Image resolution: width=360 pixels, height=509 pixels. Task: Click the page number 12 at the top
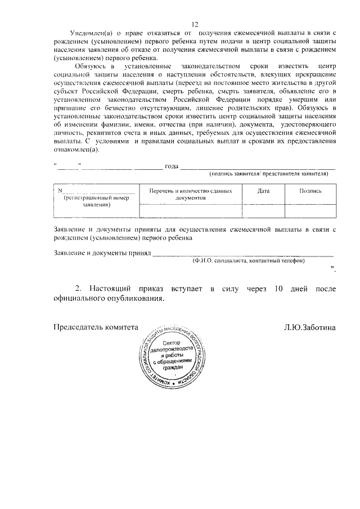(x=195, y=24)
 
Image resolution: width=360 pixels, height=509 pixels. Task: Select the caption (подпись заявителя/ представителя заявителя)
(x=268, y=174)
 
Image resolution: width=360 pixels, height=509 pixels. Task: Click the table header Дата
(x=263, y=191)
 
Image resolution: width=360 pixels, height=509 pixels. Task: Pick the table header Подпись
(x=310, y=191)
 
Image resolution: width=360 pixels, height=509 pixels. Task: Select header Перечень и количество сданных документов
(x=191, y=195)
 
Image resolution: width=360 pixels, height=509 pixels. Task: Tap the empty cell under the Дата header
(x=263, y=210)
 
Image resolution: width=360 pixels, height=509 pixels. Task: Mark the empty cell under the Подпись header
(x=310, y=210)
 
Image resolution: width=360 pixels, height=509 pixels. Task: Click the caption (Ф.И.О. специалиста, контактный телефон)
(x=248, y=261)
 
